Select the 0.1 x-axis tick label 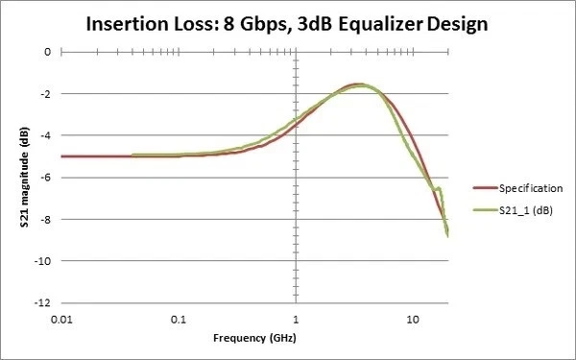pos(178,319)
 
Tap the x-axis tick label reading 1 pos(295,319)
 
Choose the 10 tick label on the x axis pos(412,319)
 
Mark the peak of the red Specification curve pos(357,84)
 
